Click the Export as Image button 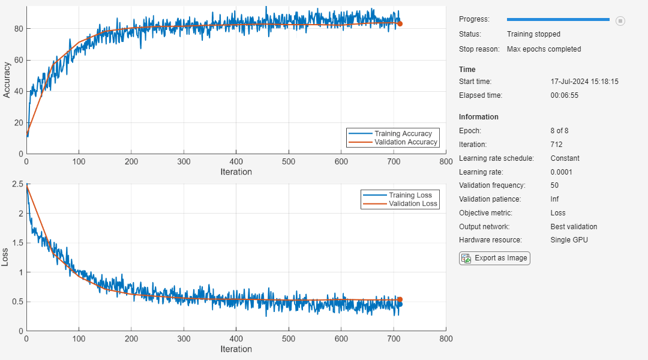494,258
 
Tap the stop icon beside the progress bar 620,21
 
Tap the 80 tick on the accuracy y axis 19,29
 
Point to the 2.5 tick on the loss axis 18,184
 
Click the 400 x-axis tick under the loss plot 236,339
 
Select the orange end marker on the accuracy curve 400,24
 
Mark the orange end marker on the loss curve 400,299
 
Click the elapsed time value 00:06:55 564,95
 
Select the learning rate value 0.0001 562,172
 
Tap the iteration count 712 556,145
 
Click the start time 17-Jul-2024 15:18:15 584,82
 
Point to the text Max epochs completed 544,49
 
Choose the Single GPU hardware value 569,240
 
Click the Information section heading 478,117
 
